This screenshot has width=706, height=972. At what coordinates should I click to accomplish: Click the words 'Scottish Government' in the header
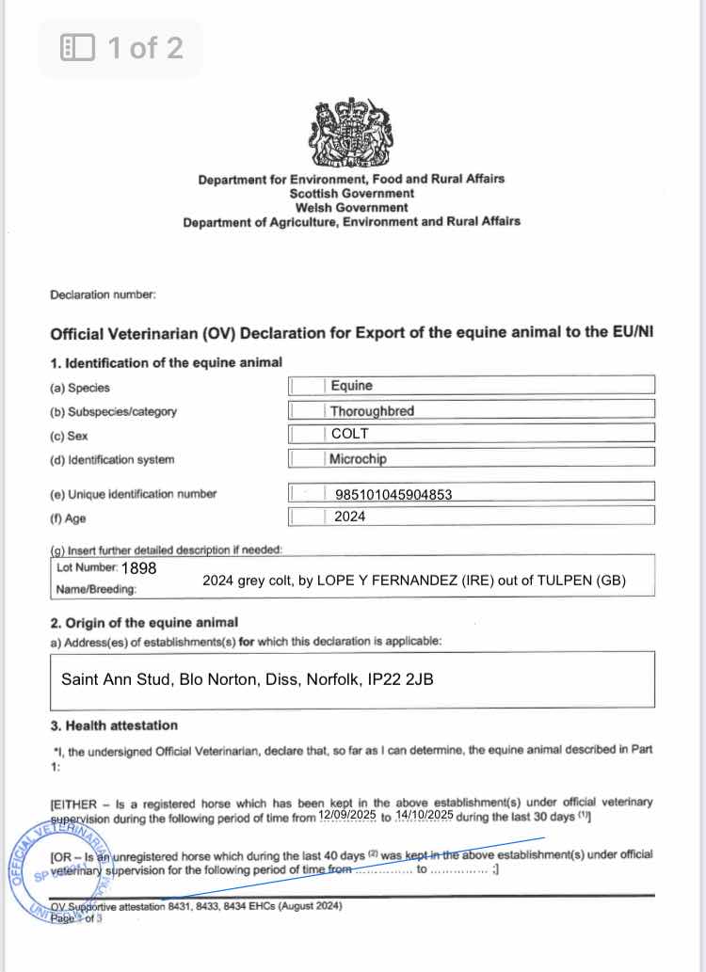(x=351, y=193)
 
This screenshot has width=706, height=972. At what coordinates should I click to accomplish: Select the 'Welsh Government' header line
(x=351, y=207)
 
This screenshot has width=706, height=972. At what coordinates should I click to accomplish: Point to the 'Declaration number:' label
(x=103, y=295)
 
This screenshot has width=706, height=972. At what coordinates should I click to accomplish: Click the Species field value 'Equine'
(x=351, y=385)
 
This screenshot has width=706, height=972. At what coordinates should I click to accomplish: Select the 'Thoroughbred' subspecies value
(x=372, y=410)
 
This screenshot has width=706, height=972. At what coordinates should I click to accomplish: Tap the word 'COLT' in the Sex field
(x=350, y=435)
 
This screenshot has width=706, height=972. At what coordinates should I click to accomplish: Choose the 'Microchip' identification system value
(x=358, y=459)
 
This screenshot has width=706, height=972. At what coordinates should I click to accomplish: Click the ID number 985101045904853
(x=393, y=494)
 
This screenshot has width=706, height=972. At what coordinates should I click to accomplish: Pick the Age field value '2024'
(x=349, y=516)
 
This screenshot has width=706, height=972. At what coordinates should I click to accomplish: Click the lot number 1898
(x=138, y=568)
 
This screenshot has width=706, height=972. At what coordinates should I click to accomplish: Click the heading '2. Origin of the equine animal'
(x=144, y=622)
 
